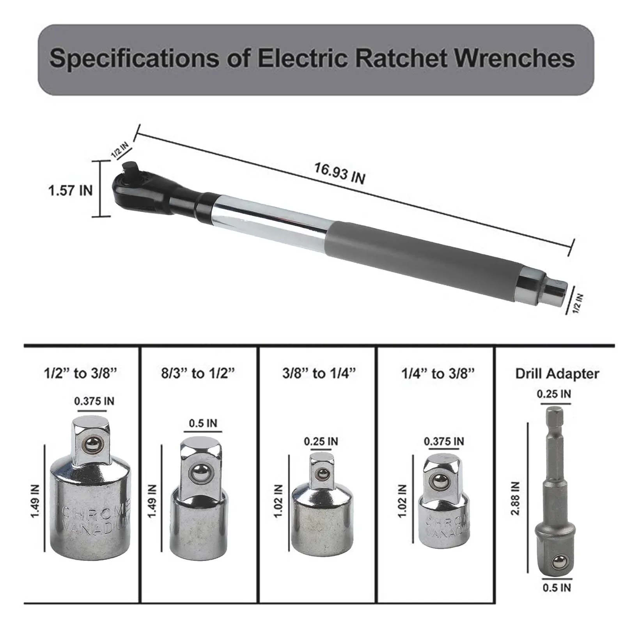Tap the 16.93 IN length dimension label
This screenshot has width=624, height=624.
click(340, 173)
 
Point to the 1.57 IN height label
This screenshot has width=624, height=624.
click(71, 191)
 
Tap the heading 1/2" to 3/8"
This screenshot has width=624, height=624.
click(80, 374)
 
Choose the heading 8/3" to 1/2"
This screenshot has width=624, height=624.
click(199, 374)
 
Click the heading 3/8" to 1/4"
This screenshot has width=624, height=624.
click(319, 374)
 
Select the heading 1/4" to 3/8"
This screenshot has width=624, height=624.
click(438, 374)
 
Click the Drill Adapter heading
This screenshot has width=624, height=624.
click(557, 374)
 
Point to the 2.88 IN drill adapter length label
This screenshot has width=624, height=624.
click(516, 498)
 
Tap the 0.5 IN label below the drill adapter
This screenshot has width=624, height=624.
click(557, 598)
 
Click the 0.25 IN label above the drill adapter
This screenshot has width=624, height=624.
click(554, 394)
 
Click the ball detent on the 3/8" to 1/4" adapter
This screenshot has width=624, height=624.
click(322, 474)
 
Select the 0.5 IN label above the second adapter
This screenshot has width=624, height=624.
click(203, 423)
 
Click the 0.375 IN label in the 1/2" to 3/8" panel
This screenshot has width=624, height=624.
click(94, 401)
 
